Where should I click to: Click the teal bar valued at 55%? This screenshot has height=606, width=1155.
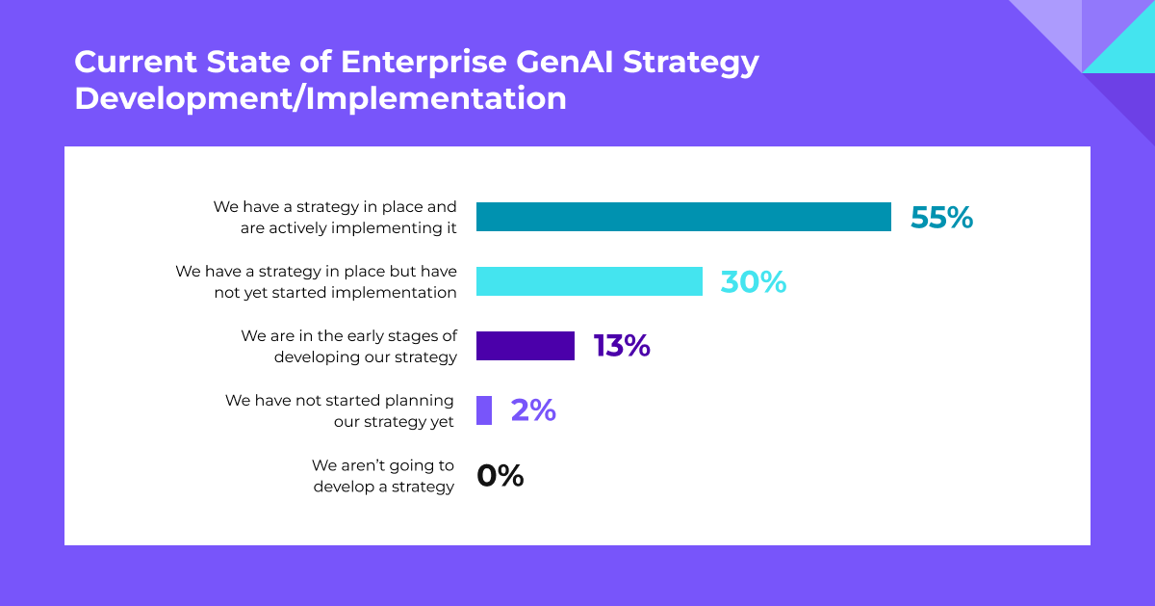click(683, 217)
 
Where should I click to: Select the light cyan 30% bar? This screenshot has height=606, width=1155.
click(589, 281)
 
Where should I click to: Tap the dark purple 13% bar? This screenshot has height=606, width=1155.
click(526, 346)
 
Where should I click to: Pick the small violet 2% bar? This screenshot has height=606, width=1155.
click(484, 410)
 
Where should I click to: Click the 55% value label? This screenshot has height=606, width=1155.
click(941, 218)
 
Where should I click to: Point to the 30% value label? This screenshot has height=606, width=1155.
click(753, 281)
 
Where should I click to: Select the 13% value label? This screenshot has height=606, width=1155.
click(622, 346)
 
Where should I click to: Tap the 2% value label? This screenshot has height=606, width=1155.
click(533, 410)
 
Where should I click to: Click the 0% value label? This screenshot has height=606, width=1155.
click(500, 475)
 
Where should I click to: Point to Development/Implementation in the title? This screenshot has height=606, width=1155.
click(321, 98)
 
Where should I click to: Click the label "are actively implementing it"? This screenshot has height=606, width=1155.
click(348, 228)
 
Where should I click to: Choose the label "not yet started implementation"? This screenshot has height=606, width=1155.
click(335, 292)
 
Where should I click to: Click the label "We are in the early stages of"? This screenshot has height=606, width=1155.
click(348, 335)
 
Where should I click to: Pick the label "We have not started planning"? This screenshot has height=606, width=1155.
click(340, 400)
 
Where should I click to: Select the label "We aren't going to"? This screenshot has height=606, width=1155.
click(383, 464)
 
